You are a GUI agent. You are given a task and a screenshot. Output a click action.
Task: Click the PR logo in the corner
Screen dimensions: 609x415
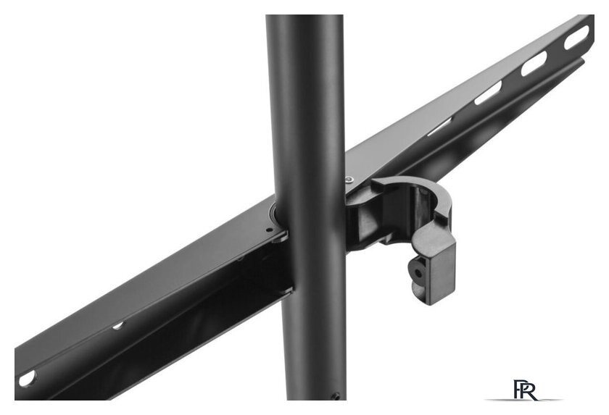click(x=525, y=390)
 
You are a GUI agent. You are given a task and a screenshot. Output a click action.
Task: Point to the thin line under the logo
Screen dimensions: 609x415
click(x=523, y=400)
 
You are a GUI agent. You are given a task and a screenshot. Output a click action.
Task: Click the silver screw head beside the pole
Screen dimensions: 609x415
click(x=350, y=179)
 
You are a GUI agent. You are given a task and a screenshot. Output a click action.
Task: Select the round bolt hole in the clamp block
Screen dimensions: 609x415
click(x=418, y=272)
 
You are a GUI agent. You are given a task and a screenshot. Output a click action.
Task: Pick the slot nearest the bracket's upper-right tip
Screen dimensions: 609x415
click(x=576, y=38)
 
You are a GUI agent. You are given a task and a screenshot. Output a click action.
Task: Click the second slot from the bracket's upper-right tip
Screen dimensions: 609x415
click(x=534, y=63)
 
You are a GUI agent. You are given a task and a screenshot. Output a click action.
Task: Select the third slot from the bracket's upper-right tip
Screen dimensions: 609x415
click(x=488, y=93)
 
